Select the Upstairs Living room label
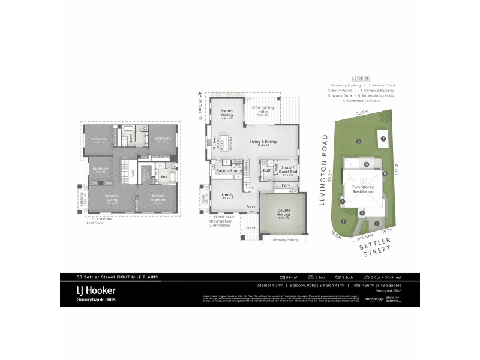coord(109,197)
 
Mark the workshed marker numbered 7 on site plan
coord(383,139)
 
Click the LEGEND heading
coord(361,78)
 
